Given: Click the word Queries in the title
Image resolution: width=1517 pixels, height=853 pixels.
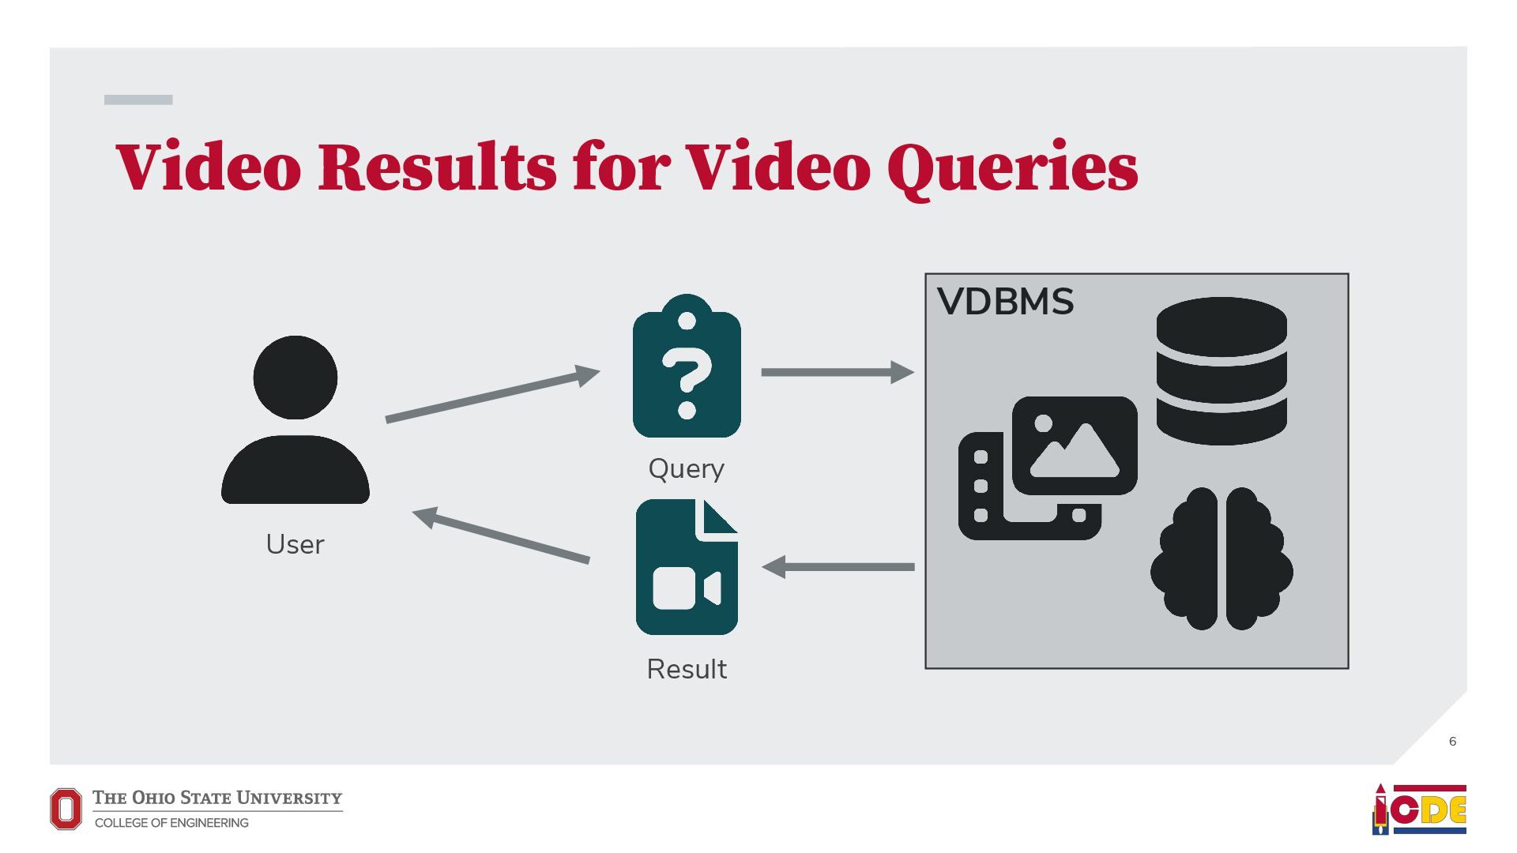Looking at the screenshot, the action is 1012,167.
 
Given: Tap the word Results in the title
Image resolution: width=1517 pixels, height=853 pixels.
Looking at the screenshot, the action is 437,167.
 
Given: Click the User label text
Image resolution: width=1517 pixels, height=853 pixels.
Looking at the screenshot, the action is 295,544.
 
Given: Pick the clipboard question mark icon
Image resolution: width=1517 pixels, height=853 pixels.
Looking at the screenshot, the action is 687,368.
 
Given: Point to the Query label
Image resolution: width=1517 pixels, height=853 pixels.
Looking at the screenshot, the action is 686,468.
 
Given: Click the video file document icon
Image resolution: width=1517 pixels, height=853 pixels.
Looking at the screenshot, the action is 687,567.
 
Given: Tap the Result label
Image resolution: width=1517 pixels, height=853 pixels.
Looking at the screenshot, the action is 687,669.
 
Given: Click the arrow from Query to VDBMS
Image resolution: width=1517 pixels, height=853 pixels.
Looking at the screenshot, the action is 837,372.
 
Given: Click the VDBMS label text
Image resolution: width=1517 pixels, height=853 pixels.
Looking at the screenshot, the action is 1005,302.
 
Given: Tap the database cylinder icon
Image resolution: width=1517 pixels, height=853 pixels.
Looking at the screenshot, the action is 1221,370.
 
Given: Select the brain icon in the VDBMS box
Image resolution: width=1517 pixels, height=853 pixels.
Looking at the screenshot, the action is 1222,558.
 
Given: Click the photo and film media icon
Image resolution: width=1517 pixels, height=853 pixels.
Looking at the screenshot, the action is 1048,468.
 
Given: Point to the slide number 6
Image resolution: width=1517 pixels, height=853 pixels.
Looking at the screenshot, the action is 1452,741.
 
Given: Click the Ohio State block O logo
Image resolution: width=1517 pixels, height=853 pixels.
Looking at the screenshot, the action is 66,809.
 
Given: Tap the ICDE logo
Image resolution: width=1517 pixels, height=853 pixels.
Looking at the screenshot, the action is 1419,809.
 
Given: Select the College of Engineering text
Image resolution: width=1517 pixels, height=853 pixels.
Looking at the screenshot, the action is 171,823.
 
